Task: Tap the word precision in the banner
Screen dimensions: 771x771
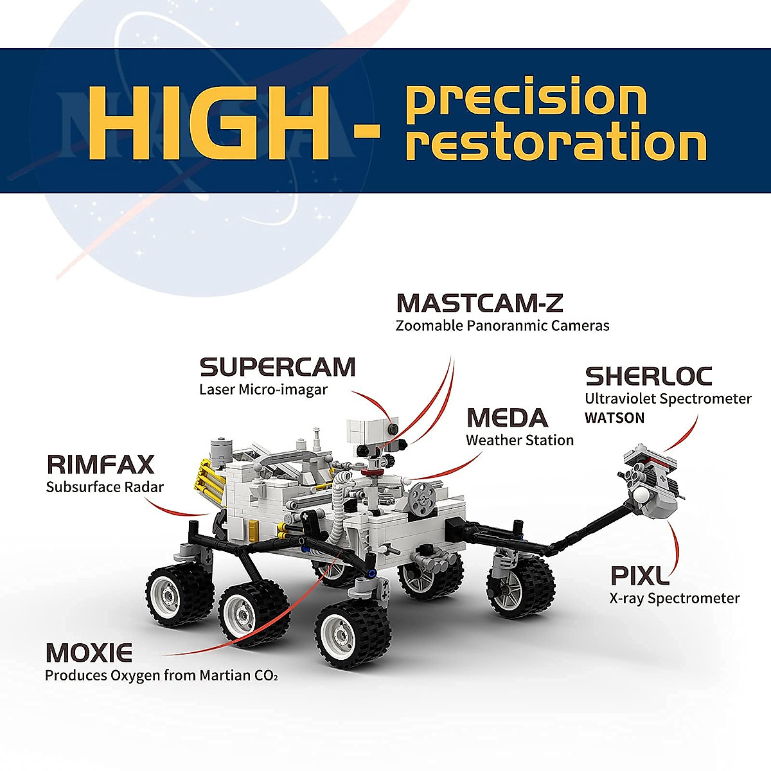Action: click(x=527, y=98)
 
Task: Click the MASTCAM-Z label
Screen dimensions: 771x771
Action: click(x=479, y=303)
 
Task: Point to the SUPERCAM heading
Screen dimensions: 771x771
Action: click(x=278, y=367)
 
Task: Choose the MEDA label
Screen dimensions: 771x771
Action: click(x=507, y=418)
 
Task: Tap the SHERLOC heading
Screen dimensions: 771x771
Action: click(x=649, y=376)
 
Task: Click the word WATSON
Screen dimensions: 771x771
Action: click(x=614, y=418)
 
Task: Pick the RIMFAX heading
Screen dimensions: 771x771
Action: click(x=101, y=464)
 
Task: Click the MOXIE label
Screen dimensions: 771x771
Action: click(x=89, y=653)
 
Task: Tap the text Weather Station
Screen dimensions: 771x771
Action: click(x=520, y=441)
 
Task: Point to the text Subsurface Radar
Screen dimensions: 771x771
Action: click(x=105, y=487)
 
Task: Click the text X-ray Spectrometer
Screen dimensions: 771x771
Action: click(x=675, y=599)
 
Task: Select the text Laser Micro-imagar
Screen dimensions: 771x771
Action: click(x=263, y=389)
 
